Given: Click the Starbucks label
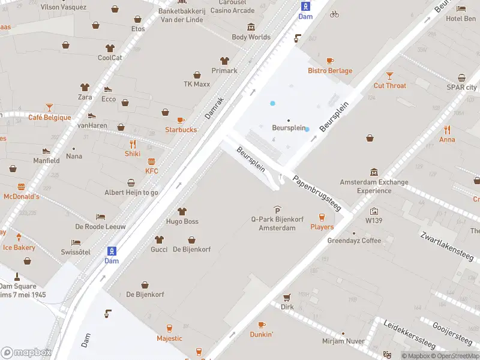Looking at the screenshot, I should tap(181, 130).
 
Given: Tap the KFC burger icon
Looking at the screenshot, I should tap(152, 161).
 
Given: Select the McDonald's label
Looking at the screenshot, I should tap(22, 196).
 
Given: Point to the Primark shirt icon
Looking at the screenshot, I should tap(224, 61).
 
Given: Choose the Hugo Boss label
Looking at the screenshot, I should tap(182, 221).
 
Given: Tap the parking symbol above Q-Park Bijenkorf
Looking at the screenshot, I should tap(277, 209).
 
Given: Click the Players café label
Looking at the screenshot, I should tap(322, 227).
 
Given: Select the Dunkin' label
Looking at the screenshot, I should tap(262, 334).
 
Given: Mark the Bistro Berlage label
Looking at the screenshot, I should tap(330, 71).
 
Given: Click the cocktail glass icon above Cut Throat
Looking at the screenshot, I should tap(390, 76).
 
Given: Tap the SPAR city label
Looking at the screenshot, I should tap(461, 87).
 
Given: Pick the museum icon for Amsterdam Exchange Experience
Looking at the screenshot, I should tap(374, 172).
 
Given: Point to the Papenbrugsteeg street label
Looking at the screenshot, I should tap(316, 193).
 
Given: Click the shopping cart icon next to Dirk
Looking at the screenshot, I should tap(287, 297).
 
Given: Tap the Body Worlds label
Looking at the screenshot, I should tap(251, 37).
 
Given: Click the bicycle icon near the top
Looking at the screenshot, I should tap(334, 14).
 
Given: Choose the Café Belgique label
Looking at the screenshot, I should tap(49, 118).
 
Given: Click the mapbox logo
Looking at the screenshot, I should tap(26, 352).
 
